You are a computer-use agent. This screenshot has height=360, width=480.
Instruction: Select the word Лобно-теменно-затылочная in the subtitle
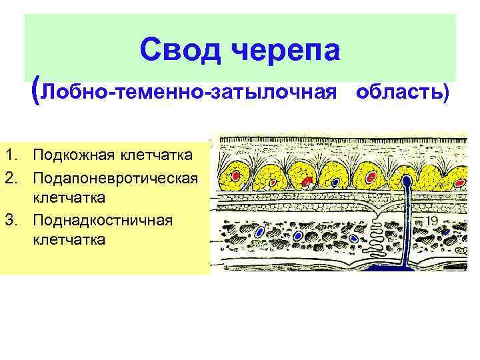click(x=187, y=92)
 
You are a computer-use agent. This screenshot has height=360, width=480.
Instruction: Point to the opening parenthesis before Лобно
click(x=35, y=91)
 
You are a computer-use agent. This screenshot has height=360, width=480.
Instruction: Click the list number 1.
click(x=9, y=155)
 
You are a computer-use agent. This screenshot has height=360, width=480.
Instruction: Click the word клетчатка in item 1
click(x=157, y=155)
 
